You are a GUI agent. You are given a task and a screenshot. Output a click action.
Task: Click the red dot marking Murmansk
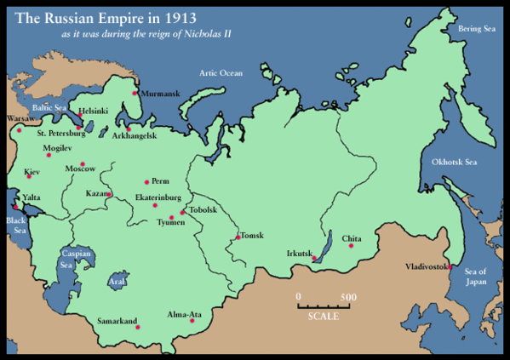(x=135, y=93)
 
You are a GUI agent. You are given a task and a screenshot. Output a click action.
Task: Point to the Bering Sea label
(x=475, y=28)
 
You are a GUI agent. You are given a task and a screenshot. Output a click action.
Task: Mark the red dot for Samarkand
(x=138, y=328)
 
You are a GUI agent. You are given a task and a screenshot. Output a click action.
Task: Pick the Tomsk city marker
(x=238, y=236)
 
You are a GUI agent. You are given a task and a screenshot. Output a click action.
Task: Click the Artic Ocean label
(x=221, y=73)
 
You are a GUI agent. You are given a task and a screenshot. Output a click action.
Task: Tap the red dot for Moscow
(x=83, y=164)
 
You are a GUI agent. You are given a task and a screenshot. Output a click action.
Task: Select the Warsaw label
(x=20, y=118)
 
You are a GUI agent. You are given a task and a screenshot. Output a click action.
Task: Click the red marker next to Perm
(x=146, y=181)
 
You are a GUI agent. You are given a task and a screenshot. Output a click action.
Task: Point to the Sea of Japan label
(x=479, y=276)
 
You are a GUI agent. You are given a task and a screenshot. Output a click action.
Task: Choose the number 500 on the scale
(x=347, y=296)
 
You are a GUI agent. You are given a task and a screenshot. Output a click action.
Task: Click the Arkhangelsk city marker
(x=129, y=129)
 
